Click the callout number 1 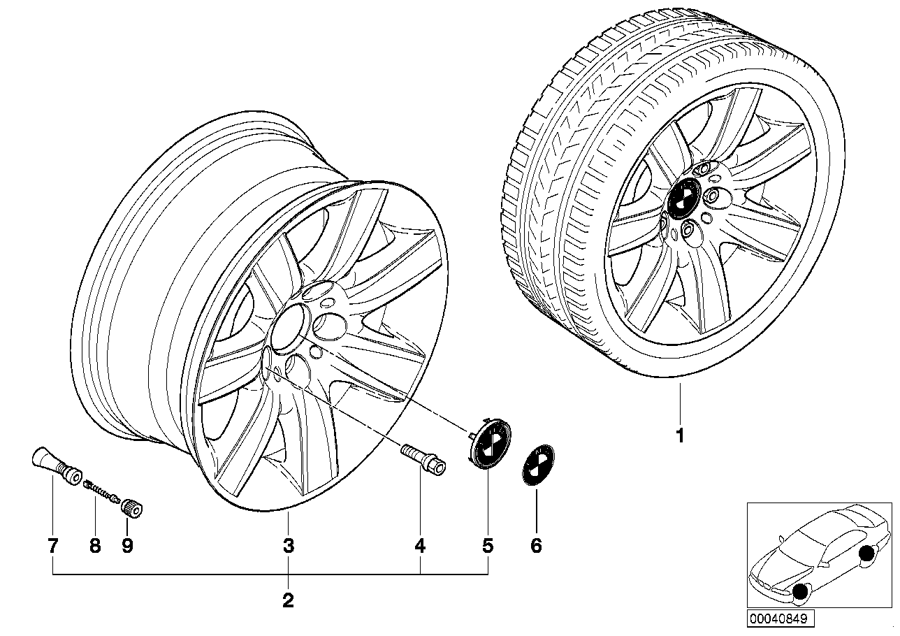click(x=680, y=435)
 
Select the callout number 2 click(x=288, y=600)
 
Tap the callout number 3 click(x=289, y=546)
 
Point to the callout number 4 click(x=420, y=546)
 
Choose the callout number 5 click(x=487, y=546)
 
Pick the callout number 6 click(x=537, y=546)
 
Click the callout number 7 click(x=53, y=546)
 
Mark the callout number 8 click(x=95, y=546)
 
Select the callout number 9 click(x=127, y=546)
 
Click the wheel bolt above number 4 click(x=423, y=460)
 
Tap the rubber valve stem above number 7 click(x=56, y=466)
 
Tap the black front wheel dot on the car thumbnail click(x=799, y=594)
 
